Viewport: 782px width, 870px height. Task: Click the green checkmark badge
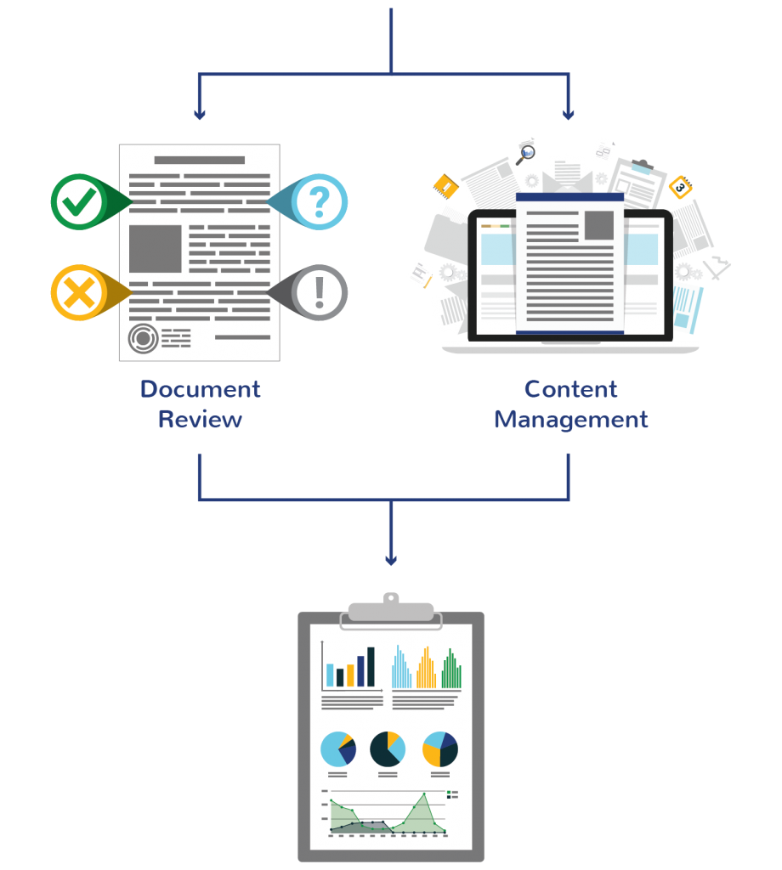(78, 202)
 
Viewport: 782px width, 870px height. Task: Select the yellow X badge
(78, 293)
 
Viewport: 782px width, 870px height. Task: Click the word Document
(200, 389)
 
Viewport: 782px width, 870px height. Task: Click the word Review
(200, 420)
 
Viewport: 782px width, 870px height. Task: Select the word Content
(570, 389)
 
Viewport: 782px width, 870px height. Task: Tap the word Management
(570, 420)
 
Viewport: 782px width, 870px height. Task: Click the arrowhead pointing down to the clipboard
(390, 560)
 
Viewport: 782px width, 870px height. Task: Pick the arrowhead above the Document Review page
(200, 114)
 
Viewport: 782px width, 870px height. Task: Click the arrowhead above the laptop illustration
(569, 114)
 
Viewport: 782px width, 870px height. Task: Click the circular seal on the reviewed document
(143, 338)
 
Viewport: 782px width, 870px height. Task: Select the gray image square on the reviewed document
(155, 249)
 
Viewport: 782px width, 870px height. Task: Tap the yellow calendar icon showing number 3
(680, 186)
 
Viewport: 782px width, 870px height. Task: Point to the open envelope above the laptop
(568, 175)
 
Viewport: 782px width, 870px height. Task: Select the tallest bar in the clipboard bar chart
(371, 667)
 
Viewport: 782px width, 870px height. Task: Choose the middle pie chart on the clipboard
(388, 749)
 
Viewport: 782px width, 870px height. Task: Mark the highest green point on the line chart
(424, 795)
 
